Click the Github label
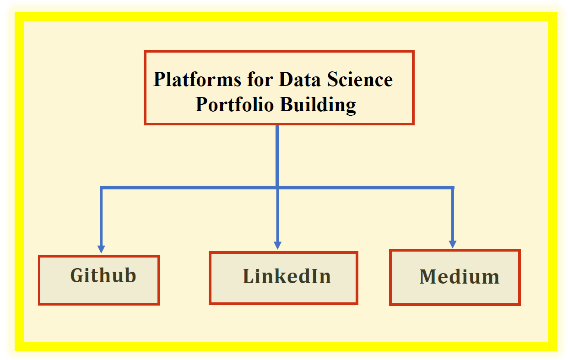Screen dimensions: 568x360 (x=103, y=276)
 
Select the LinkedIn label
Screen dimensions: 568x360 (x=287, y=276)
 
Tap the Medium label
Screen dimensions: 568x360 (x=459, y=277)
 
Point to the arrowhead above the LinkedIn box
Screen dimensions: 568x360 (x=277, y=246)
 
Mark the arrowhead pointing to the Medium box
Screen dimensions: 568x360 (x=453, y=244)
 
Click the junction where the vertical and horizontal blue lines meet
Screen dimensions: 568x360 (x=277, y=187)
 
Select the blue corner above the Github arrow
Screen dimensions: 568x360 (x=102, y=188)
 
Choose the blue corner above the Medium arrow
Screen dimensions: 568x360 (x=453, y=188)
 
